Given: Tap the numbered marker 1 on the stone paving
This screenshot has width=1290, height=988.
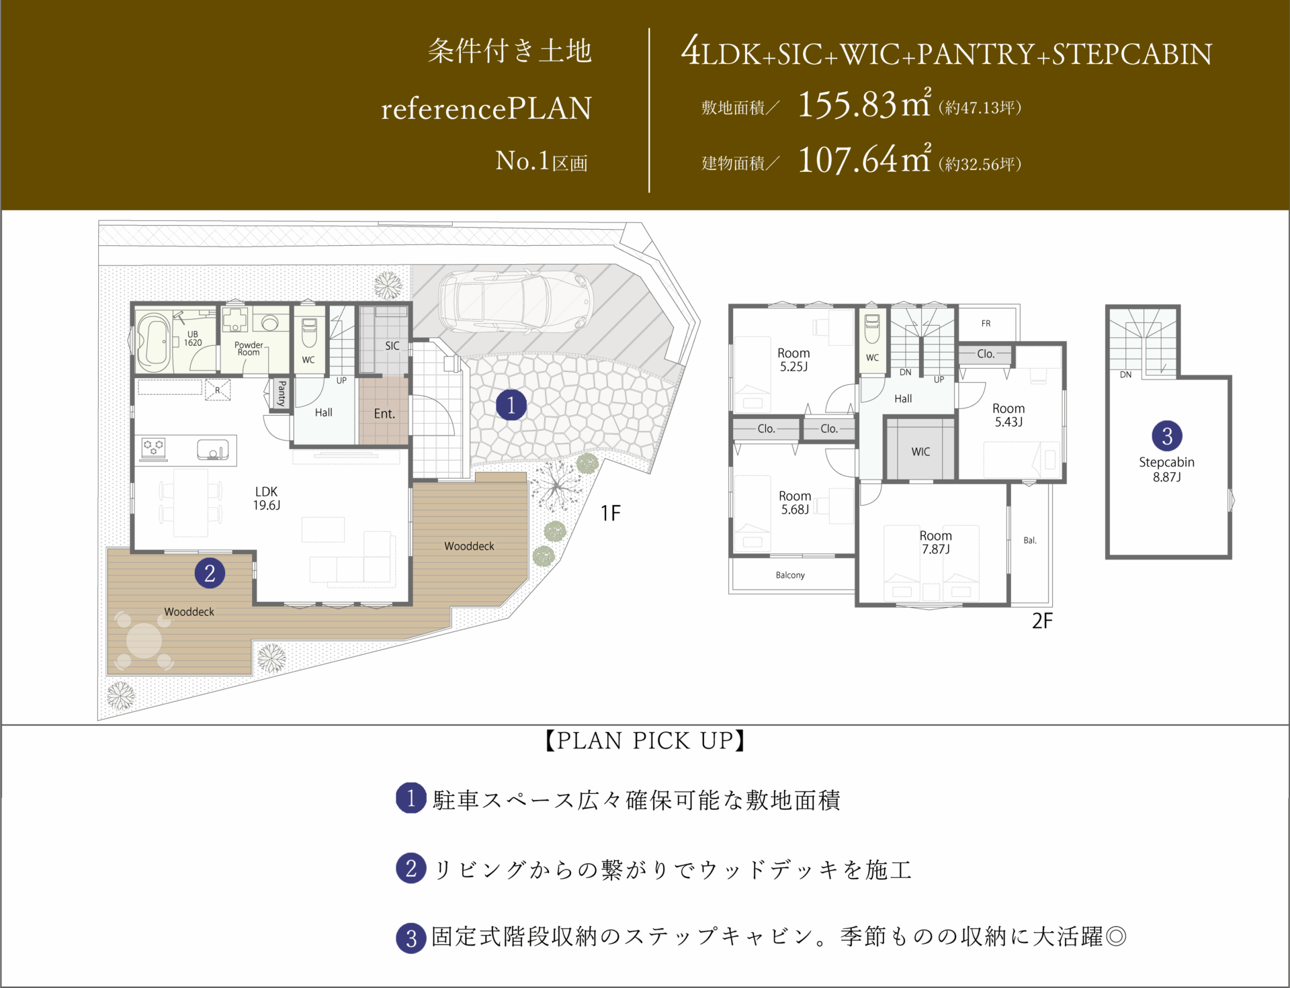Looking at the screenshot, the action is click(511, 405).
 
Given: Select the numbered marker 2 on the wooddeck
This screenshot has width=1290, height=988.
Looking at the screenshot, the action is click(210, 573).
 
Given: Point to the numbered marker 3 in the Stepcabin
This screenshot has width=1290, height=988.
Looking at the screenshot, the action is click(1167, 436).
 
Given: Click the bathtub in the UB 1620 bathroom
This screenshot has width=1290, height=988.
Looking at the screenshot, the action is click(153, 342).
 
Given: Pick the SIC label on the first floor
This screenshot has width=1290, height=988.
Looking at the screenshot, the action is click(392, 346).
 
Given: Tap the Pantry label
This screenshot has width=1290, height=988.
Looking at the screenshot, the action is click(282, 393).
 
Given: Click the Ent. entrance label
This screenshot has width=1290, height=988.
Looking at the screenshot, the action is click(384, 414).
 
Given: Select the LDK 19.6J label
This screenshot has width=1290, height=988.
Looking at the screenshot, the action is click(267, 498).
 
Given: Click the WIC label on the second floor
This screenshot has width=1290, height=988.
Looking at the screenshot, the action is click(920, 452).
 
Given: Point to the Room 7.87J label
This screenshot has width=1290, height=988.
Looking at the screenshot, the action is click(936, 542).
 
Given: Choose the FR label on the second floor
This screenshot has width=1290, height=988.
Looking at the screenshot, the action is click(986, 324).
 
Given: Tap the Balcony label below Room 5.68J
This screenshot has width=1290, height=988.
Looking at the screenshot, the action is click(790, 575).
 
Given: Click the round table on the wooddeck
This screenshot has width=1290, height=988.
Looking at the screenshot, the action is click(144, 640).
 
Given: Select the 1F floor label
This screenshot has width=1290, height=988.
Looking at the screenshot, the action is click(610, 514).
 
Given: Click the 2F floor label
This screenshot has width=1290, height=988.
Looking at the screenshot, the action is click(1042, 621).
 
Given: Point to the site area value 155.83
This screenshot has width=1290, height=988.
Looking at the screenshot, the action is click(847, 105).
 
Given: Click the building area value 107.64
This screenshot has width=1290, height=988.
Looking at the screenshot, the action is click(847, 161).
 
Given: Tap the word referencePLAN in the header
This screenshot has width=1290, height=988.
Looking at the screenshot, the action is click(486, 108).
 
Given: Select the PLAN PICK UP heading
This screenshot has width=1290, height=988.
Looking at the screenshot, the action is click(645, 741).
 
